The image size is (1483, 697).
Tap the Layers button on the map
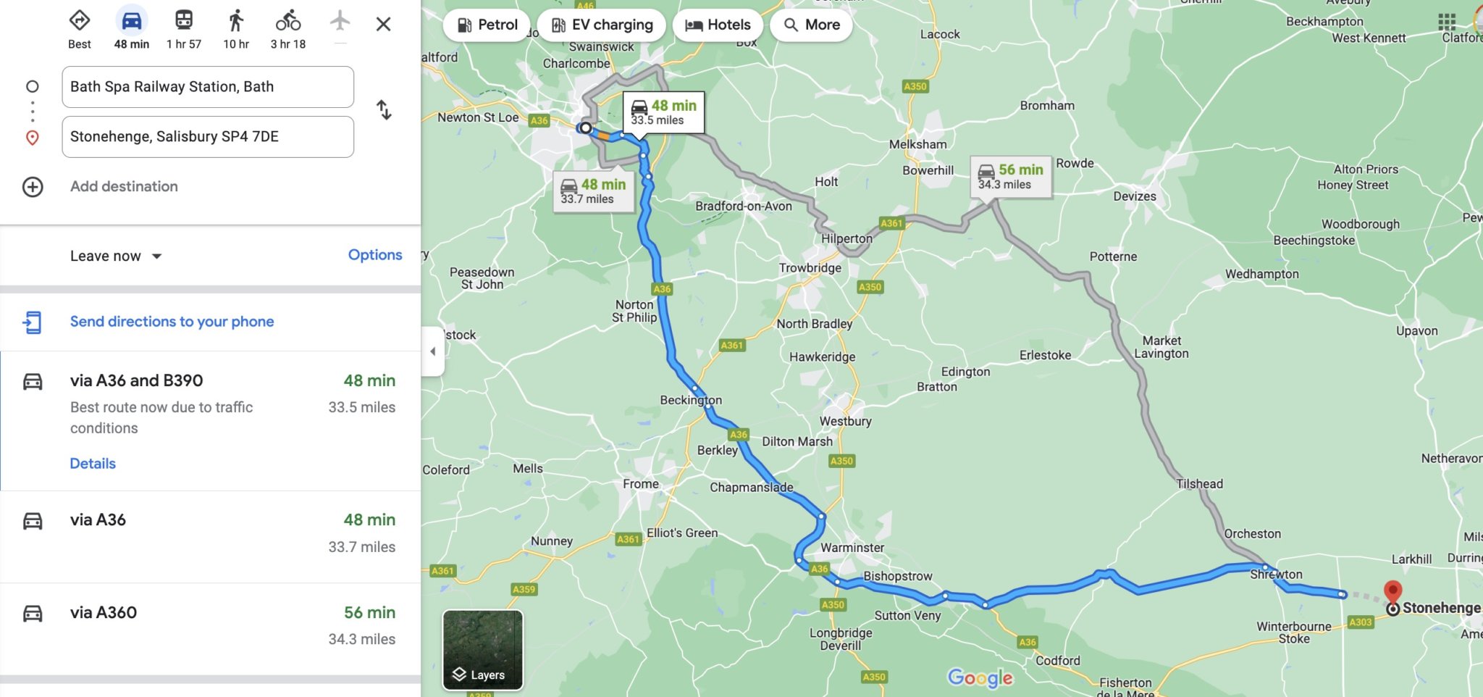point(482,650)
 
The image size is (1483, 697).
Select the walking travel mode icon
point(236,22)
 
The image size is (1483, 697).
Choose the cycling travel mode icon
point(288,22)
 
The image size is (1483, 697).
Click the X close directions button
point(383,25)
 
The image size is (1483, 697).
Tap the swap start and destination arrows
point(384,110)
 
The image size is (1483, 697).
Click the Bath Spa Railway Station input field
point(208,87)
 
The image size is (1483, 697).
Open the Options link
point(374,255)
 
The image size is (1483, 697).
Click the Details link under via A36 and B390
point(93,464)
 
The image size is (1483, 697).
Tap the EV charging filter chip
point(602,25)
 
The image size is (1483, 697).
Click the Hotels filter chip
point(718,25)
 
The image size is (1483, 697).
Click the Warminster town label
point(852,548)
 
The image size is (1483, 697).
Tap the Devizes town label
point(1134,196)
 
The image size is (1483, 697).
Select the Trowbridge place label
point(810,268)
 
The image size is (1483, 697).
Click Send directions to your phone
point(172,322)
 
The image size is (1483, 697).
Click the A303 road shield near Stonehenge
point(1360,622)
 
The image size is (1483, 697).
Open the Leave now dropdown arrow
point(157,256)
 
